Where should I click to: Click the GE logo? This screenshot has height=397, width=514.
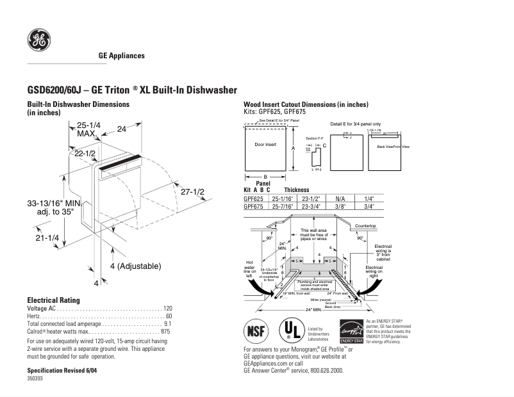(x=39, y=40)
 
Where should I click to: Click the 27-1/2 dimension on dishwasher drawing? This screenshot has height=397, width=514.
(x=192, y=192)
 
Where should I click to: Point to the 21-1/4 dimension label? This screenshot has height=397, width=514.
(x=47, y=238)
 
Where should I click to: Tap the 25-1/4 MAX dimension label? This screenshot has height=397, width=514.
(x=88, y=129)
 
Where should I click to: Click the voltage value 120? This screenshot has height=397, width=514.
(x=167, y=309)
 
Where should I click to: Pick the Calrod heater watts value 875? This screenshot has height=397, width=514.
(x=165, y=332)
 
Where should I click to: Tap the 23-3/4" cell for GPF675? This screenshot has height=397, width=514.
(x=310, y=206)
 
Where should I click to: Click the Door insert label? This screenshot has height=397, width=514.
(x=265, y=145)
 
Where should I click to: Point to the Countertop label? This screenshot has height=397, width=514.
(x=365, y=226)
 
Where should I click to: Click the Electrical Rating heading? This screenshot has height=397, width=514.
(x=53, y=300)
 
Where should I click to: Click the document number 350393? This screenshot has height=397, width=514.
(x=35, y=379)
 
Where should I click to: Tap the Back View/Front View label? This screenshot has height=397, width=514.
(x=393, y=147)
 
